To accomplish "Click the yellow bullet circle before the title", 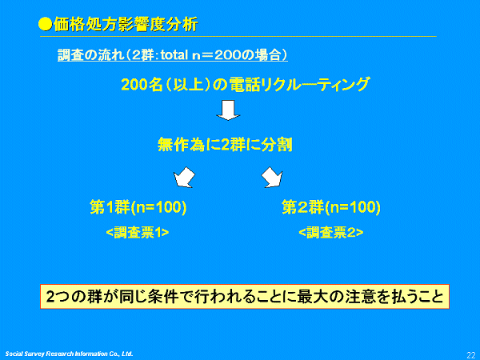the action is click(x=46, y=24).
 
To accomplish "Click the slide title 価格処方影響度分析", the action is click(x=126, y=24).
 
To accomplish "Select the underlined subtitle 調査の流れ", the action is click(x=90, y=54).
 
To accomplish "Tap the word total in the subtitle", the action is click(x=174, y=54).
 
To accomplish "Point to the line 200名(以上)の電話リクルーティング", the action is click(x=246, y=84).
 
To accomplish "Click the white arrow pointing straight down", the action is click(x=228, y=110).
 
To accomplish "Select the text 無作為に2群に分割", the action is click(x=225, y=145).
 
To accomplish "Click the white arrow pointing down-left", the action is click(x=184, y=178).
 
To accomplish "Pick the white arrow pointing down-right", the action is click(x=272, y=178).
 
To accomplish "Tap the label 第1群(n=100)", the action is click(x=138, y=207).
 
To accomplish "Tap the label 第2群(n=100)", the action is click(x=331, y=207).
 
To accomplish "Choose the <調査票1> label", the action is click(x=138, y=233).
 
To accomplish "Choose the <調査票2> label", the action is click(x=331, y=233).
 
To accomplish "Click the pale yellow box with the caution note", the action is click(x=245, y=296).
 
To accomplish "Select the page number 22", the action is click(x=471, y=354).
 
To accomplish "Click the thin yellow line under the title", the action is click(x=238, y=37).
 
